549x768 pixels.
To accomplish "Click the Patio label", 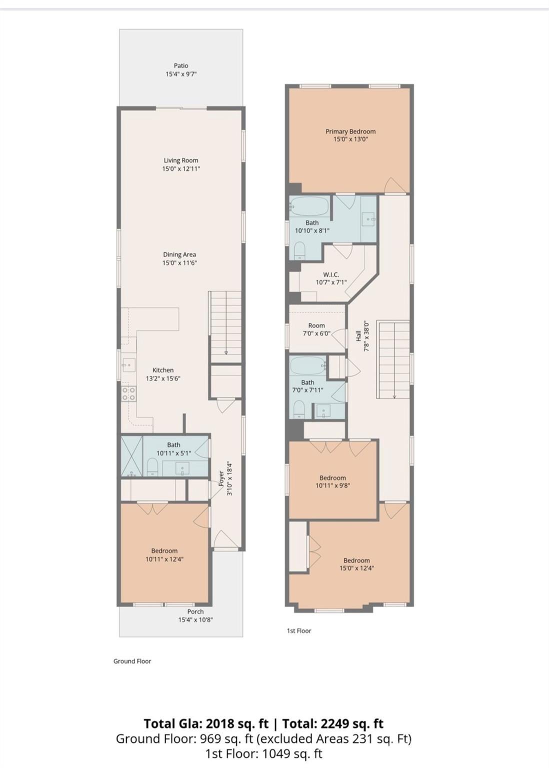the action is tap(180, 65).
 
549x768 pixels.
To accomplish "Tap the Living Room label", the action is tap(180, 160).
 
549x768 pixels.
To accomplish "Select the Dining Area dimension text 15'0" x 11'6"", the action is tap(179, 263).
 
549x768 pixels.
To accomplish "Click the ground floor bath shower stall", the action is tap(131, 456).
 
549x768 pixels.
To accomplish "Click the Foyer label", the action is tap(221, 479).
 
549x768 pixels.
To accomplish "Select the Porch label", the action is tap(195, 611).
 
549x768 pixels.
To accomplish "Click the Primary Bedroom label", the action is tap(350, 131).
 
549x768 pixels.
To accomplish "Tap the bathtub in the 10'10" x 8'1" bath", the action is tap(309, 205).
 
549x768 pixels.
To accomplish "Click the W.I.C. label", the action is tap(331, 274).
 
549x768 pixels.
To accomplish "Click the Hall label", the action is tap(358, 336).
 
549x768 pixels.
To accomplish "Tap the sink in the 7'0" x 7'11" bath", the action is tap(323, 411).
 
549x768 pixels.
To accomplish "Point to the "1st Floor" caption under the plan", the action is tap(299, 630).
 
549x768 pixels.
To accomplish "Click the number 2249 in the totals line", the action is tap(334, 724).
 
